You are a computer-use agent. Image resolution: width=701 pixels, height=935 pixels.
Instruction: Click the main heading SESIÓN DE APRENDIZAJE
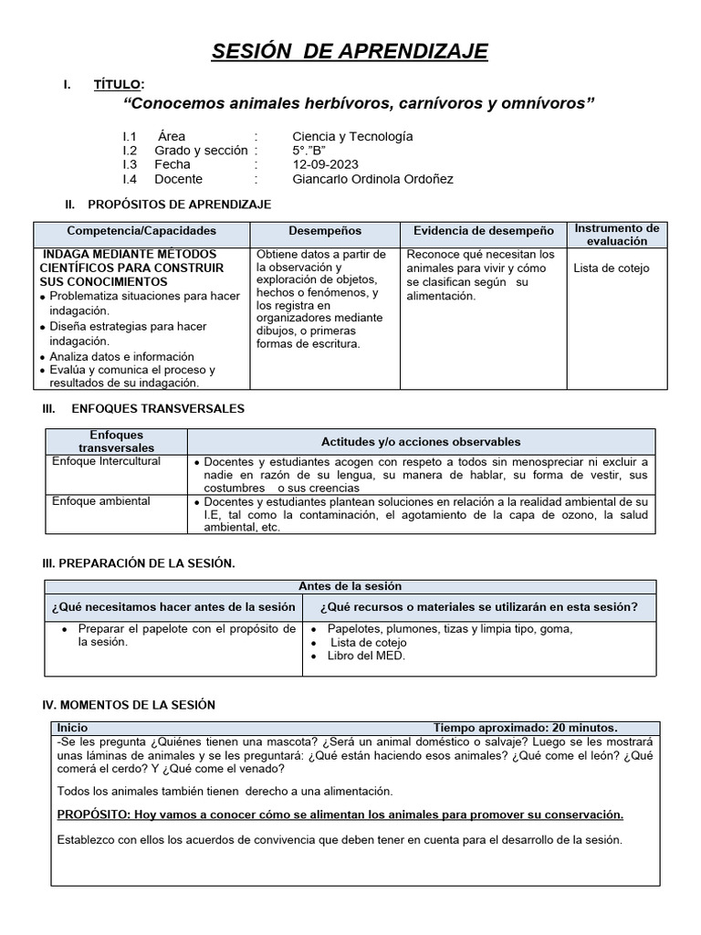point(350,51)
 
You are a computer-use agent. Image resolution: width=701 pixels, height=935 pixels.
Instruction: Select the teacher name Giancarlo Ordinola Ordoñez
point(372,179)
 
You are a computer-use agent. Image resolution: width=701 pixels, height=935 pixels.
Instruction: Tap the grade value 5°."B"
point(309,151)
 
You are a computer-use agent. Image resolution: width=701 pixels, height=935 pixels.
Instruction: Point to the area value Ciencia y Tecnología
point(352,136)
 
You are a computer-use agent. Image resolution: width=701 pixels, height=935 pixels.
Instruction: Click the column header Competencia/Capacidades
point(141,232)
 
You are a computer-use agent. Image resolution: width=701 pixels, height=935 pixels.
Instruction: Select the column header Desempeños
point(325,232)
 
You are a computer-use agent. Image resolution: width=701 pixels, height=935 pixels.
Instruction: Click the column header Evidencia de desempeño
point(483,232)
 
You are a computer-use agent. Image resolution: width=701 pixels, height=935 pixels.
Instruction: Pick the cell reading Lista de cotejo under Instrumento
point(612,268)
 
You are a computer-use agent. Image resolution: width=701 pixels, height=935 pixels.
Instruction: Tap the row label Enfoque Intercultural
point(106,462)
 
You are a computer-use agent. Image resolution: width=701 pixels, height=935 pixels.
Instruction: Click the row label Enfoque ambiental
point(101,502)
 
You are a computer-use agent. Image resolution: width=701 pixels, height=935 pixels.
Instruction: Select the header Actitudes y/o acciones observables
point(421,442)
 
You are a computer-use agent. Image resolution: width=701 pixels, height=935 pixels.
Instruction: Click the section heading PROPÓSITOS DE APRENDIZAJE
point(180,204)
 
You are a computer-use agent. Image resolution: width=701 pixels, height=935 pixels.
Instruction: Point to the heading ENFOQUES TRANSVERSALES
point(157,409)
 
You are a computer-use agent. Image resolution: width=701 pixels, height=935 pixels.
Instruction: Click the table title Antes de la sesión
point(350,586)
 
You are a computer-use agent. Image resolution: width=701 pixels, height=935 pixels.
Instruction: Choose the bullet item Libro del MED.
point(366,656)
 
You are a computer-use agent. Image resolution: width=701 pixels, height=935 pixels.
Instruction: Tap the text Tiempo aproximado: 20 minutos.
point(525,728)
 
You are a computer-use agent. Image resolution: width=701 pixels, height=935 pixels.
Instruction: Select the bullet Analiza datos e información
point(121,356)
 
